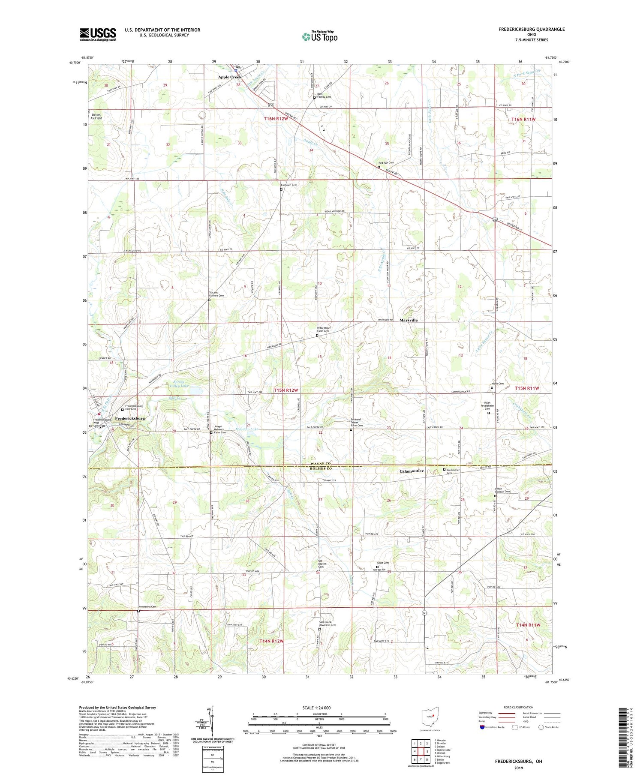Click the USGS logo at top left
click(98, 34)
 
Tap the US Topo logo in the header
click(319, 36)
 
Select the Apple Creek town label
click(229, 77)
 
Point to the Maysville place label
click(408, 320)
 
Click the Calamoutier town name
click(412, 471)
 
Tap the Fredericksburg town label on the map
click(130, 418)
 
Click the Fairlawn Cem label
click(289, 185)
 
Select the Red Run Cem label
click(386, 163)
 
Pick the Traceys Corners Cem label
click(216, 294)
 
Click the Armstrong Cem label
click(147, 607)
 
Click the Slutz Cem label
click(383, 563)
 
